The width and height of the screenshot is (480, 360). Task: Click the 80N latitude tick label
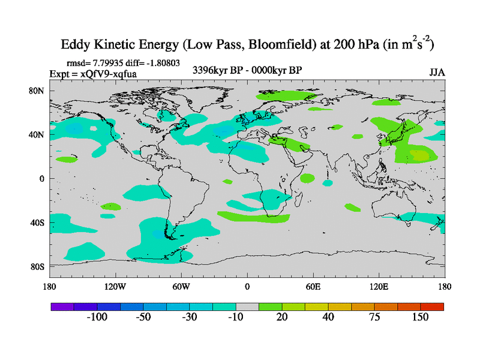click(38, 91)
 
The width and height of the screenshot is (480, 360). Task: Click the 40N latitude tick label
click(38, 134)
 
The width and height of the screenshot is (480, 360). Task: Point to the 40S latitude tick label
click(38, 223)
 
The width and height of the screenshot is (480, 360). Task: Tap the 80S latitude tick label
click(38, 266)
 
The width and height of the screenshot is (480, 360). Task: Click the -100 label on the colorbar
click(97, 317)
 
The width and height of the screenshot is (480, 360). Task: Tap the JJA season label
click(437, 72)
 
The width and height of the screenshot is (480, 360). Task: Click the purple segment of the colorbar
click(62, 306)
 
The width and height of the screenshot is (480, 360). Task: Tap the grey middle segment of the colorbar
click(247, 306)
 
